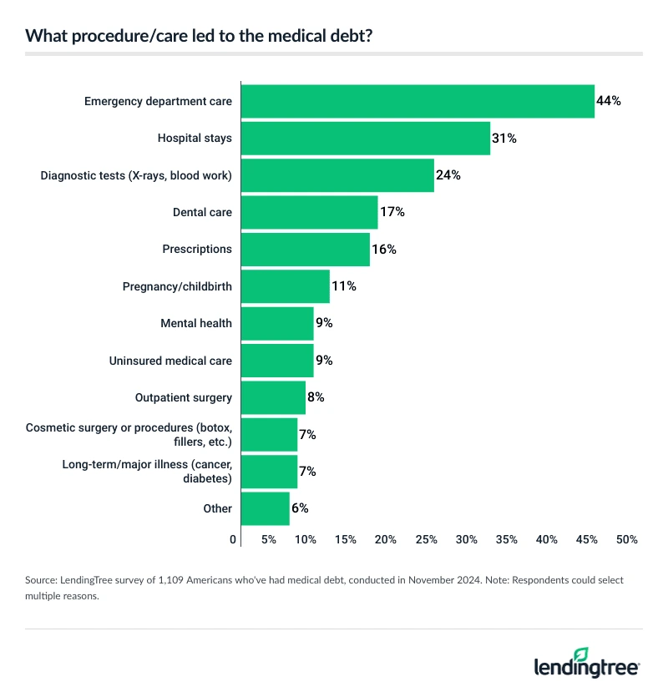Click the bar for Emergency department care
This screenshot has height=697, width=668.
(417, 101)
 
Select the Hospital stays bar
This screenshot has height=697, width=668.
(365, 138)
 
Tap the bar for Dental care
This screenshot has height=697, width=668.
(309, 212)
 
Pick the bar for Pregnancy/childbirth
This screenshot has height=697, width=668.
(285, 286)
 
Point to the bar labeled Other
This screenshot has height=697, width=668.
(265, 508)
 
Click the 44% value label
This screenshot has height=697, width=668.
(609, 101)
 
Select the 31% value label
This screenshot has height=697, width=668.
(504, 139)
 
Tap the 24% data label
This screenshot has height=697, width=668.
(448, 175)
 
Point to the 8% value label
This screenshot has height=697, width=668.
(315, 397)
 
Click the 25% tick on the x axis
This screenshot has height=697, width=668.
(426, 540)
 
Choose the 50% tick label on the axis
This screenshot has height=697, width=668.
(626, 540)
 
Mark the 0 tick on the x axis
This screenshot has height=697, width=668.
(234, 540)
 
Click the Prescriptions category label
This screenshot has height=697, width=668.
(197, 249)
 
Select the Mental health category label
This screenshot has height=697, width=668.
(196, 323)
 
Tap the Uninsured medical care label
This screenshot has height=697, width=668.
(170, 361)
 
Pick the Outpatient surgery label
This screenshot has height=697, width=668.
(184, 397)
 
